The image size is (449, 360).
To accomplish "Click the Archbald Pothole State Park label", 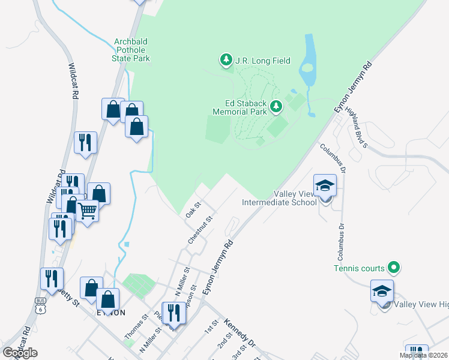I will point(131,50).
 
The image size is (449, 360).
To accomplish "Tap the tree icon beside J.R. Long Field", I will point(226,60).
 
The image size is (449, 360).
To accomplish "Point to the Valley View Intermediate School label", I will point(279,198).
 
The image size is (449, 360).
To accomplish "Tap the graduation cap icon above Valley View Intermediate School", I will point(325,185).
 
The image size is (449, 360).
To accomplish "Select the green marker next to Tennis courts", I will point(394,266).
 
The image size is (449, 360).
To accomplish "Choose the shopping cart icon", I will point(88,211).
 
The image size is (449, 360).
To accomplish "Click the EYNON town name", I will point(112,313).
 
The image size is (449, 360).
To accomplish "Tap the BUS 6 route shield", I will point(40,307).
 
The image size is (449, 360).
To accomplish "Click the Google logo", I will point(20,352).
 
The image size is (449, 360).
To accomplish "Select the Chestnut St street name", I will point(200,230).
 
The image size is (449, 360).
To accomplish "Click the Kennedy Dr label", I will point(240,333).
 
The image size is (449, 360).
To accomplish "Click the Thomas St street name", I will point(136,327).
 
